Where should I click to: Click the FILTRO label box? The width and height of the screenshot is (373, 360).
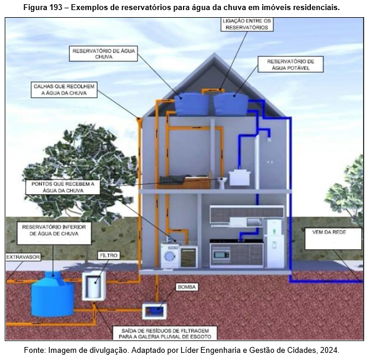point(109,255)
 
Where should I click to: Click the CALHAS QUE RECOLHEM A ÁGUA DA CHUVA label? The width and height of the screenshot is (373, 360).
point(64,90)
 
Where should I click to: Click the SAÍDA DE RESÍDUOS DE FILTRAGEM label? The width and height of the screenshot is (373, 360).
point(165,332)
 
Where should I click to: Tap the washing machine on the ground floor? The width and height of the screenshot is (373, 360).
point(170,256)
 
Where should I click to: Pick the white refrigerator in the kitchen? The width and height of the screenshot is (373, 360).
point(274,242)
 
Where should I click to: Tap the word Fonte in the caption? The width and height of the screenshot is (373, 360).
point(35,351)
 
